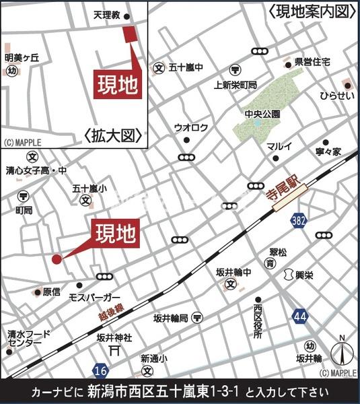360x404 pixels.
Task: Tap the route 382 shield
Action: coord(299,221)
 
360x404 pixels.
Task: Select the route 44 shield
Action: coord(300,314)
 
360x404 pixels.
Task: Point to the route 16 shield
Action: coord(101,371)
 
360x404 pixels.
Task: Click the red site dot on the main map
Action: coord(57,259)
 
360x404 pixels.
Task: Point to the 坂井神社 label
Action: coord(114,337)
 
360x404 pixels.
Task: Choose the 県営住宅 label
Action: coord(312,62)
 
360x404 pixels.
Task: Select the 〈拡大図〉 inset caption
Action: coord(114,135)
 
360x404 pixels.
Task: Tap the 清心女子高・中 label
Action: coord(36,171)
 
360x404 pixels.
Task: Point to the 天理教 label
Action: coord(107,14)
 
